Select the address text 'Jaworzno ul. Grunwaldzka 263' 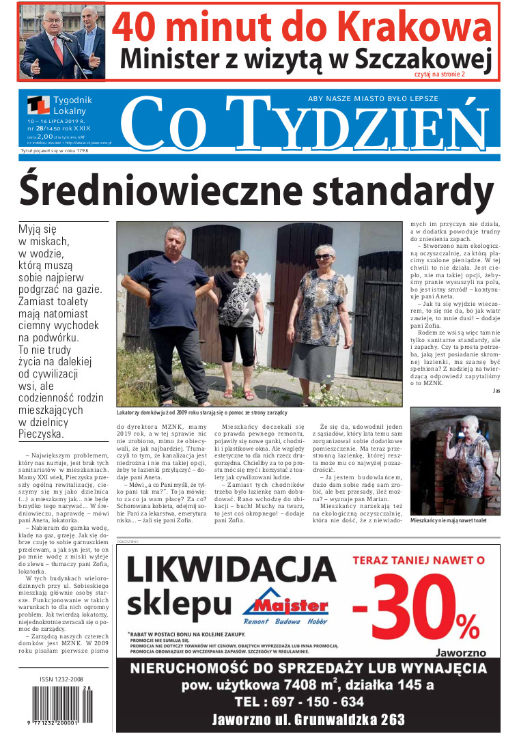click(308, 719)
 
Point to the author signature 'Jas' click(495, 390)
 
